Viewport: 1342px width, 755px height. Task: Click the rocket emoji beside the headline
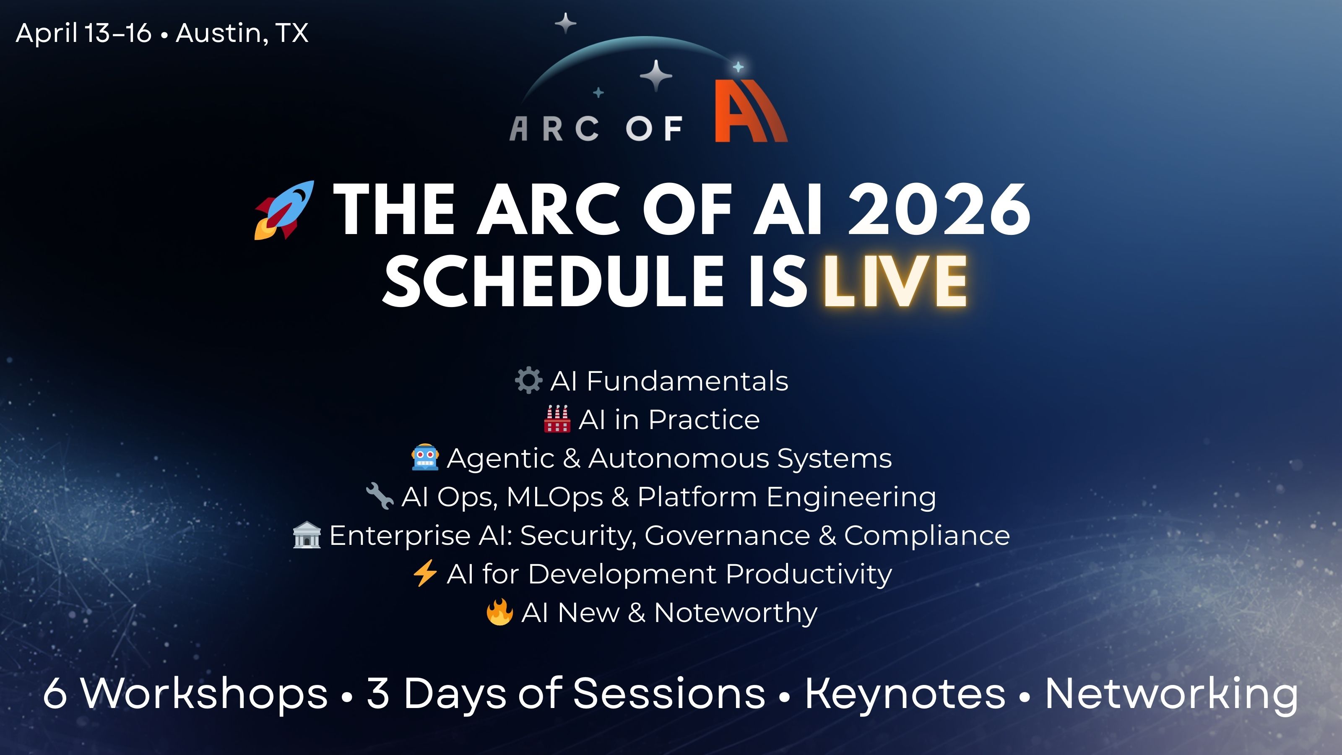coord(284,210)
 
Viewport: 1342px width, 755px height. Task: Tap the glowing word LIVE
coord(895,281)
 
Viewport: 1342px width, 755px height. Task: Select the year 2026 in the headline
coord(939,210)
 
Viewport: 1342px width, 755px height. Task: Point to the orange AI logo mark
coord(751,111)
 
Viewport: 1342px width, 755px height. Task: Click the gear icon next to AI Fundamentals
coord(529,380)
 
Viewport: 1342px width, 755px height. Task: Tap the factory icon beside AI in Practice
coord(557,419)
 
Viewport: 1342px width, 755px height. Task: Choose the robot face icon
coord(425,458)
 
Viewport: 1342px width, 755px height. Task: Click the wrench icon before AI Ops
coord(380,496)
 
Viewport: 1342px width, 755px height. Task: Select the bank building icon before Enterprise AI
coord(307,535)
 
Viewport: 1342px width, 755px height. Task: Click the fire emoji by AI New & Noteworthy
coord(499,612)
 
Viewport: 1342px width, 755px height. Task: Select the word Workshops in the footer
coord(205,693)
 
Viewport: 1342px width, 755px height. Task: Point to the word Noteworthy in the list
coord(736,613)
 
